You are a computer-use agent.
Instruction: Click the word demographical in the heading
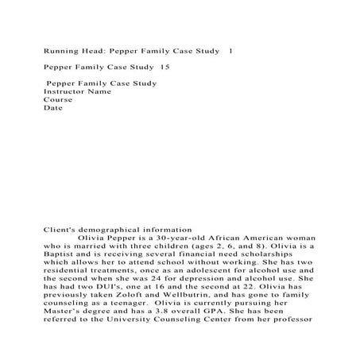115,228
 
